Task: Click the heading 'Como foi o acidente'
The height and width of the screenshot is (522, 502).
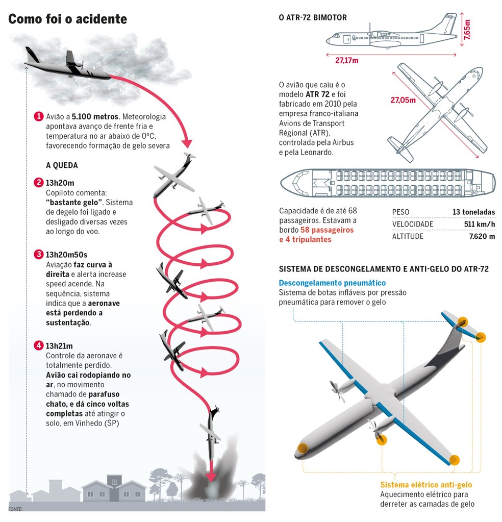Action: pos(67,19)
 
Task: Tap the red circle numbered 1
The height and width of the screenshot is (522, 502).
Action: pos(38,116)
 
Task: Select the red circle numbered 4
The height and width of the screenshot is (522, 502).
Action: pos(38,345)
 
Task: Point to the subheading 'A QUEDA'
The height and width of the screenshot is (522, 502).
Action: pos(62,165)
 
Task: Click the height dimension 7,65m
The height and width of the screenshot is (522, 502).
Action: pos(468,30)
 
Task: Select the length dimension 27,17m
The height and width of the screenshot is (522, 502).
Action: pos(346,60)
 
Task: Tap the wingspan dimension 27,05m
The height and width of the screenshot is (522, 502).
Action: pos(403,100)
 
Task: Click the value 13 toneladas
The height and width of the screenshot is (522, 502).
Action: pos(473,212)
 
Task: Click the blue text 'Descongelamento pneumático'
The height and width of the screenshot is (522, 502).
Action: pos(332,283)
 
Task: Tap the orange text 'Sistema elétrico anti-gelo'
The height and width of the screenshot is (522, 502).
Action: pos(426,485)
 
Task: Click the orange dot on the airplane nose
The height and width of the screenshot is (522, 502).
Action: pos(302,450)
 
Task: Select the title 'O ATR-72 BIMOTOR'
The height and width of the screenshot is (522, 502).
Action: pos(313,17)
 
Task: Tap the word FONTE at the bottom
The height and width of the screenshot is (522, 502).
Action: pos(16,509)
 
